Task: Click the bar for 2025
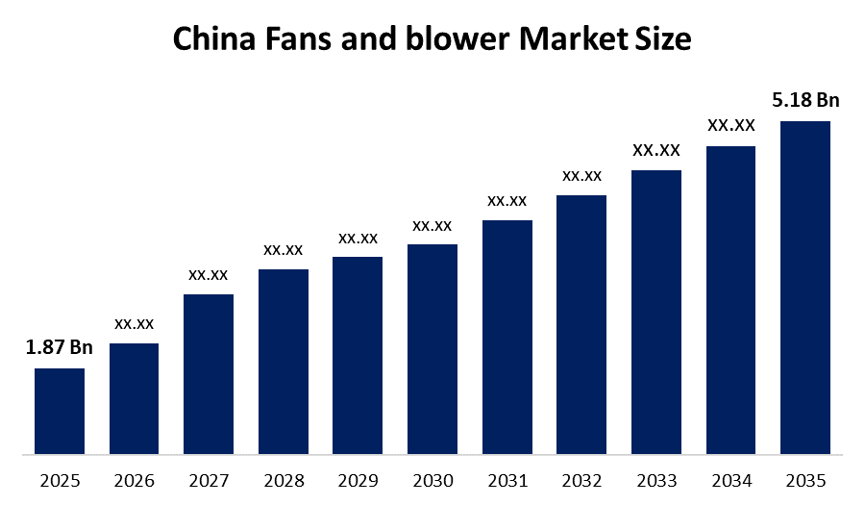click(60, 411)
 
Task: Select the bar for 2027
click(209, 373)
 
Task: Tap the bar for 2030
click(432, 348)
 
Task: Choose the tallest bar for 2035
click(805, 287)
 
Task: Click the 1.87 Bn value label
click(59, 348)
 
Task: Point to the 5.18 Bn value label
click(805, 100)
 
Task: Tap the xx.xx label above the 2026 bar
click(134, 323)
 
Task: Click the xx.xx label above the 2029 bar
click(358, 238)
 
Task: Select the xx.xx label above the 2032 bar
click(581, 175)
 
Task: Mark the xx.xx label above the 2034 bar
click(730, 125)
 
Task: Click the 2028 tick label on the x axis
click(283, 479)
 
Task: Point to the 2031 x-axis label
click(507, 479)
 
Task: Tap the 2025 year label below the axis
click(60, 479)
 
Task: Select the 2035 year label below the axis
click(805, 479)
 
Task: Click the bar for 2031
click(507, 337)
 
